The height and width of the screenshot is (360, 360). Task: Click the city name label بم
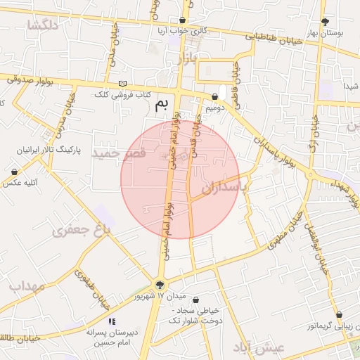tap(162, 106)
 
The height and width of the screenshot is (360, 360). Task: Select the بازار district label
tap(187, 58)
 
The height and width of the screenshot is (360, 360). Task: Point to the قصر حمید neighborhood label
tap(122, 153)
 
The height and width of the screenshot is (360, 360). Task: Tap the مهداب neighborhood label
tap(27, 287)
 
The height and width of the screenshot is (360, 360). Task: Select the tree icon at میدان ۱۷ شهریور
tap(160, 285)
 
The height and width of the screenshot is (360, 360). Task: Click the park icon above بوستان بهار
tap(325, 21)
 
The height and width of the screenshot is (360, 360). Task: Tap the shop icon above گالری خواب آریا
tap(184, 20)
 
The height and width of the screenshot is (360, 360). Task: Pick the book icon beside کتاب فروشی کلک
tap(123, 84)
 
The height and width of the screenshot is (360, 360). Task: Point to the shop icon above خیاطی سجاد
tap(196, 300)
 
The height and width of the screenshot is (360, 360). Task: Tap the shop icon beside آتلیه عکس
tap(14, 172)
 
